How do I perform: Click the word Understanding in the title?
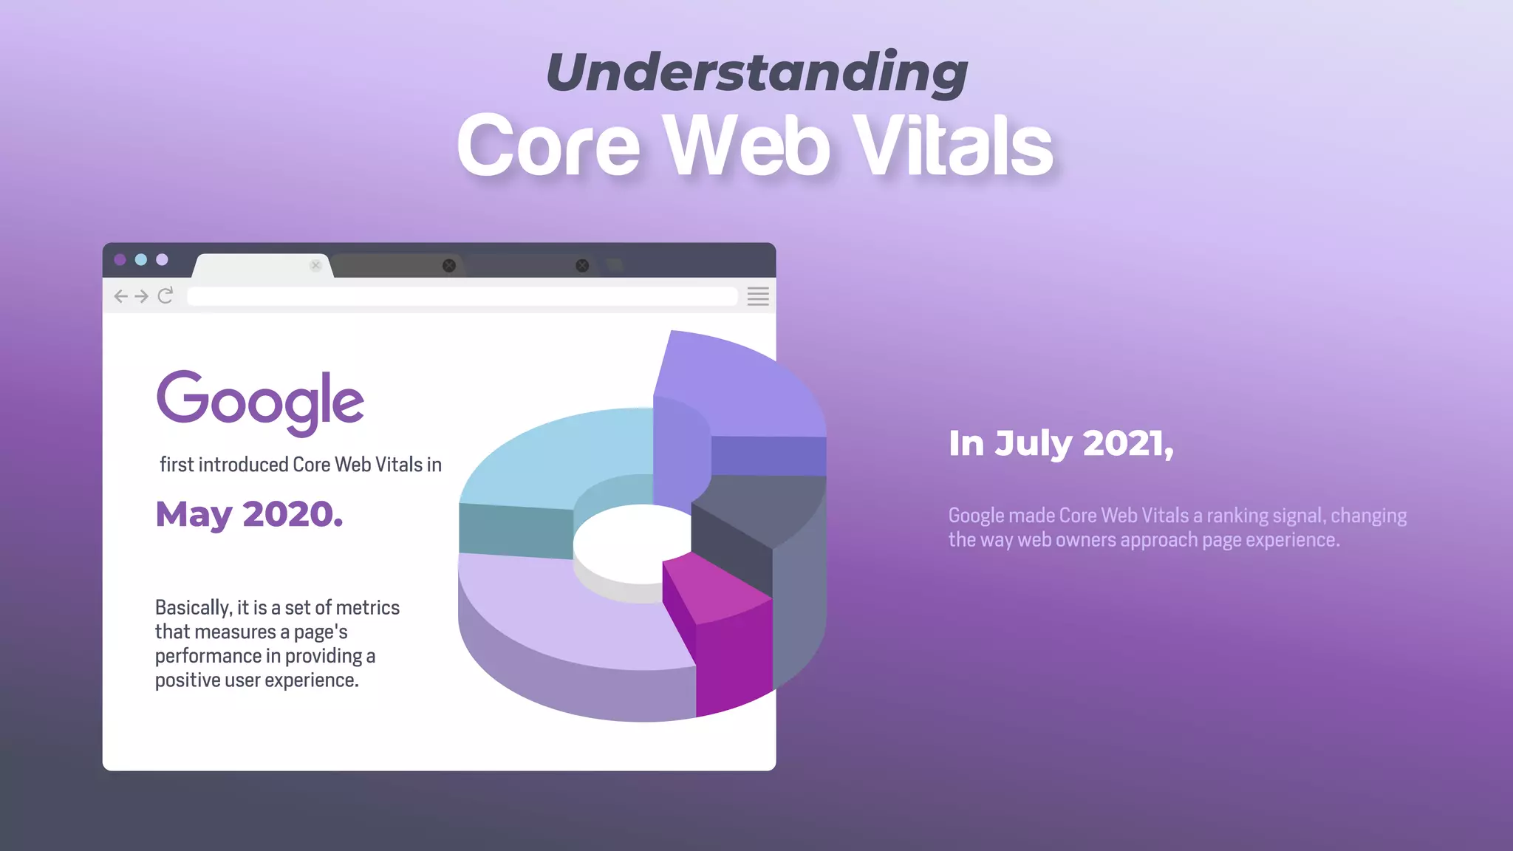[x=756, y=72]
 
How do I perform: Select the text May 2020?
[x=249, y=514]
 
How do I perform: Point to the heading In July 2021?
[x=1061, y=443]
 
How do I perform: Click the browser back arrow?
[x=121, y=296]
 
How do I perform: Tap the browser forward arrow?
[x=142, y=296]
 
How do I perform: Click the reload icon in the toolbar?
[x=165, y=295]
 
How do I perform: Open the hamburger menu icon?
[x=758, y=296]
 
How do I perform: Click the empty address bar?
[x=462, y=296]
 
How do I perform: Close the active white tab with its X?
[x=316, y=265]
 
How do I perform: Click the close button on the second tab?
[x=448, y=265]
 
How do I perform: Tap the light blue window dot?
[x=141, y=259]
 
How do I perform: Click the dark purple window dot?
[x=120, y=259]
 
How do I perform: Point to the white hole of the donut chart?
[x=632, y=543]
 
